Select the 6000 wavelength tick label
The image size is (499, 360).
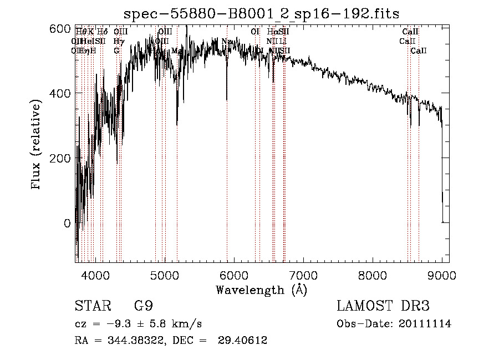[x=234, y=274]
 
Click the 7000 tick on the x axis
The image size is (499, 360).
[x=303, y=274]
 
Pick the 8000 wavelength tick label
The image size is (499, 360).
[x=373, y=274]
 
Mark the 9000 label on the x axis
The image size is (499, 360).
[x=442, y=274]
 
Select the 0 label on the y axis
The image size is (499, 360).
[x=67, y=223]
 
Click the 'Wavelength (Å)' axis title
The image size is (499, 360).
[x=262, y=290]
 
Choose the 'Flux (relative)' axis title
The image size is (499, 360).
[x=37, y=145]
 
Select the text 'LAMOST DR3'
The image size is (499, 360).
[x=383, y=306]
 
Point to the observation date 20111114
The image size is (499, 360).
[x=425, y=324]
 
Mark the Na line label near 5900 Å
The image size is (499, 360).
[x=226, y=41]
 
